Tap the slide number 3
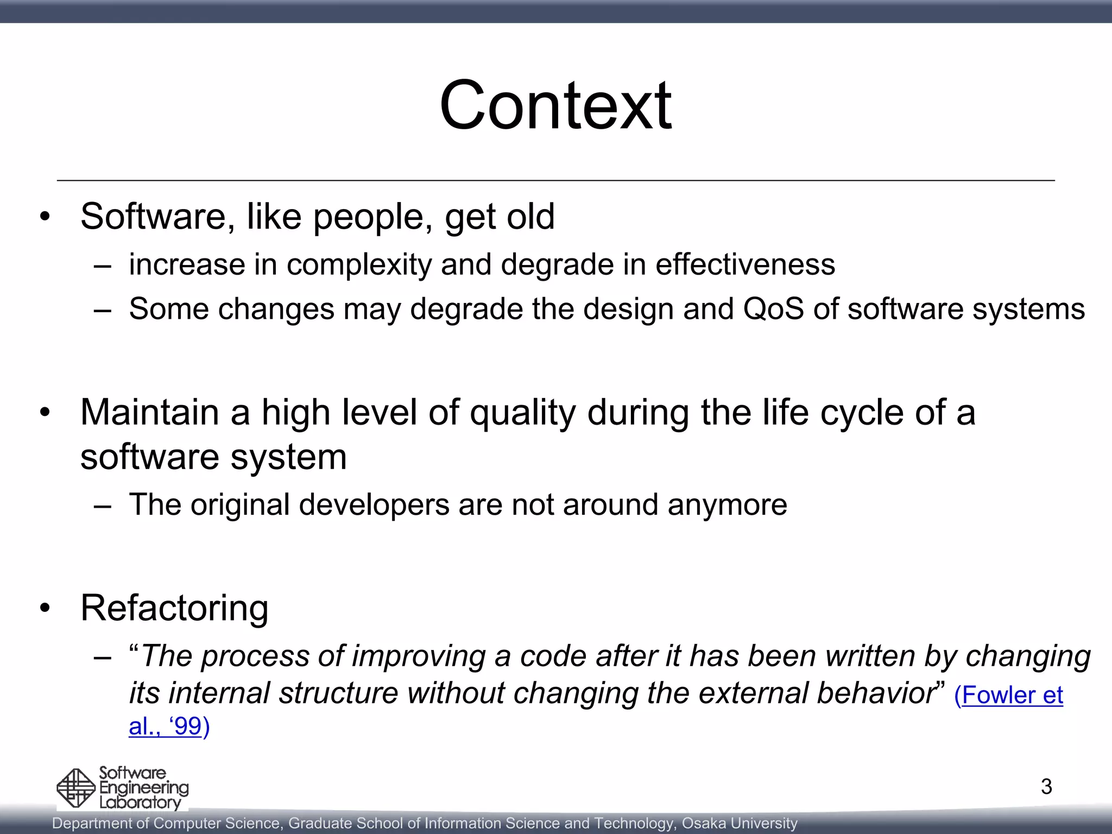(1046, 786)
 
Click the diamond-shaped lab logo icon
(76, 788)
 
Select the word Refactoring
(174, 608)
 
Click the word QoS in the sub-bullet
(773, 309)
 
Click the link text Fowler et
(1008, 695)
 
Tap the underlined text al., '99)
(169, 726)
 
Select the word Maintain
(150, 412)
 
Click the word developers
(374, 504)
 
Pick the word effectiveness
(745, 264)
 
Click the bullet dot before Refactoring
(45, 608)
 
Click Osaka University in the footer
(740, 823)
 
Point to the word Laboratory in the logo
(140, 803)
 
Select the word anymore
(727, 504)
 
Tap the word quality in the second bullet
(522, 413)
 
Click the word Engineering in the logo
(144, 788)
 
